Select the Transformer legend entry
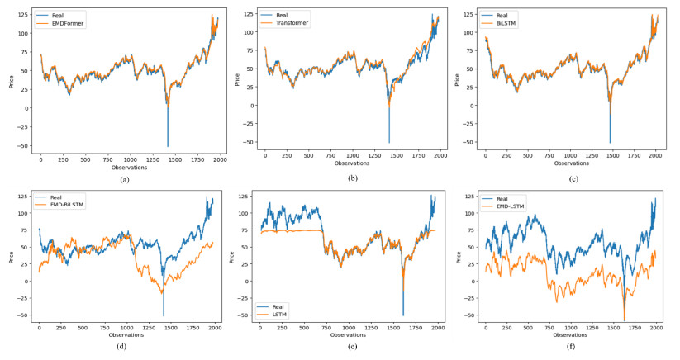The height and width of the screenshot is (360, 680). [x=290, y=23]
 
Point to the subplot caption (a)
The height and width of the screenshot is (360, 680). [x=125, y=179]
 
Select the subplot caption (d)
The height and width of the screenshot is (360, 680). [x=125, y=353]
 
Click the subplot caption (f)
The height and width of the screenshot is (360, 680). [x=573, y=353]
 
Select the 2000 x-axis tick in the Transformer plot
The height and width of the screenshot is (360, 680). [x=439, y=156]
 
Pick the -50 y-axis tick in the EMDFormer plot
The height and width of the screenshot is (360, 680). [x=25, y=145]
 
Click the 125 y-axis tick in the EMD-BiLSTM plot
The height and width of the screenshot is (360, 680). [x=22, y=196]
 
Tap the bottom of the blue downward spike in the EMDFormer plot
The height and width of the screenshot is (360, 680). [x=168, y=146]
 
